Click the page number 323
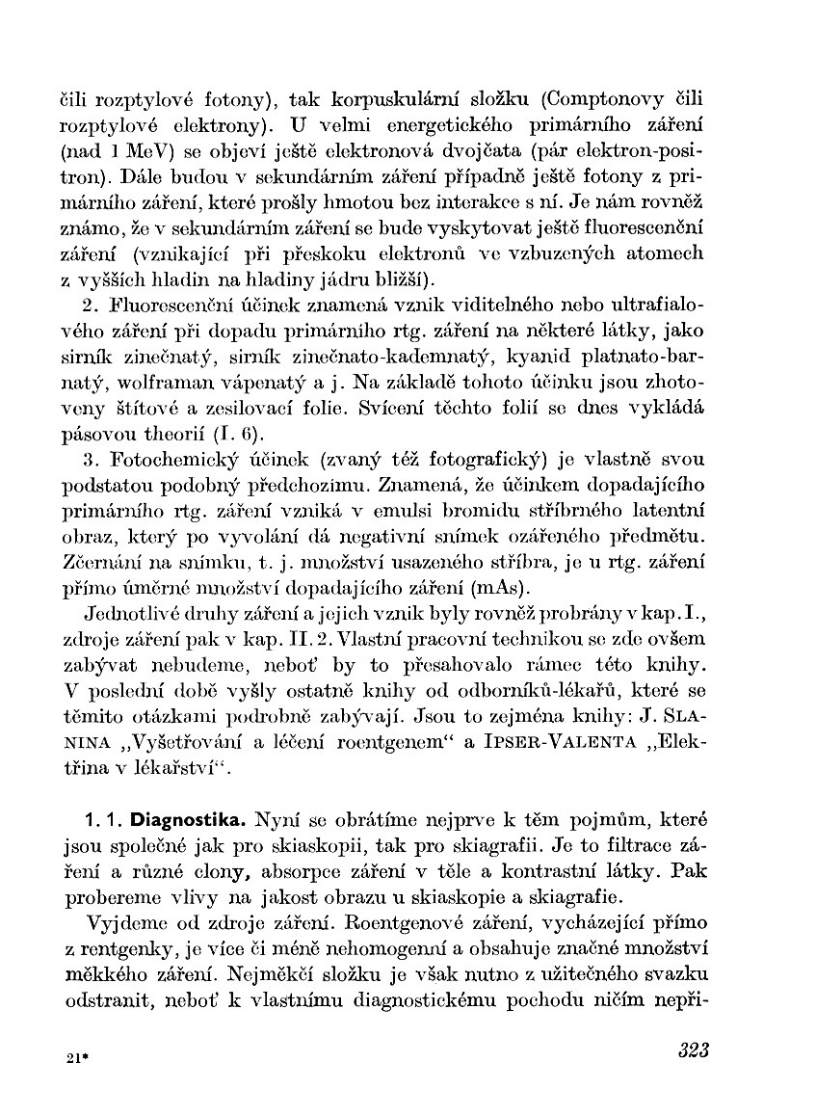pyautogui.click(x=693, y=1050)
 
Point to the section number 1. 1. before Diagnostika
pyautogui.click(x=103, y=821)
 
